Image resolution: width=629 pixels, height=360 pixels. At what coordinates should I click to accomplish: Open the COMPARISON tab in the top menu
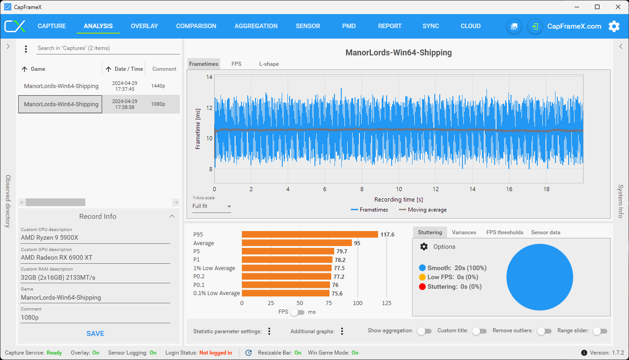coord(196,26)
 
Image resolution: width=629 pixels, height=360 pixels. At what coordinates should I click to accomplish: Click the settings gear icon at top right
coord(614,26)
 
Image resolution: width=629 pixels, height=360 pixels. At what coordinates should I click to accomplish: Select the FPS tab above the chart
coord(236,64)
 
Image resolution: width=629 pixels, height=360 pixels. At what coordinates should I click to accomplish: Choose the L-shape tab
coord(269,64)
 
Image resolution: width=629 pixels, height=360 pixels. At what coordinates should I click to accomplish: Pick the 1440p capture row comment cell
coord(158,86)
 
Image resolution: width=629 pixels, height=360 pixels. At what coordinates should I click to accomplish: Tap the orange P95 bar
coord(310,235)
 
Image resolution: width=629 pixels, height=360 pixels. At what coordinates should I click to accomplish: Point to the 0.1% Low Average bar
coord(285,293)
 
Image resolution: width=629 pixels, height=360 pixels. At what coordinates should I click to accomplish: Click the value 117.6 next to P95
coord(387,235)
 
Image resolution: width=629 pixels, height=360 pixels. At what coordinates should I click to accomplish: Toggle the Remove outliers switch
coord(544,331)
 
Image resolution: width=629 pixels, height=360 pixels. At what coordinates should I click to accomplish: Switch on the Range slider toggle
coord(600,331)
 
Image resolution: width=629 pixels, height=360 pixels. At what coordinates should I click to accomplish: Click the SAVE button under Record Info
coord(95,333)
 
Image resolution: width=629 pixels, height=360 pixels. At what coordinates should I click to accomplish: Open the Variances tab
coord(464,232)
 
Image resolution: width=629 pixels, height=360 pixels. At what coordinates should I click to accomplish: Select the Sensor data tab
coord(545,232)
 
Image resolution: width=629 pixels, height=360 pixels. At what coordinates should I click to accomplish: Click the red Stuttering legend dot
coord(422,287)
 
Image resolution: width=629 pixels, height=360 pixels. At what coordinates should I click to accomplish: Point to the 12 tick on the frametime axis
coord(209,108)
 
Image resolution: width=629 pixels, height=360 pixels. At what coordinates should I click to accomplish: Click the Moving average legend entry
coord(423,210)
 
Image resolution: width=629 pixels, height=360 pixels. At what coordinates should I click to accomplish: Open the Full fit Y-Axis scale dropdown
coord(211,207)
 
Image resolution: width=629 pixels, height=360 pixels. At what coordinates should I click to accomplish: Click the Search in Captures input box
coord(108,48)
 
